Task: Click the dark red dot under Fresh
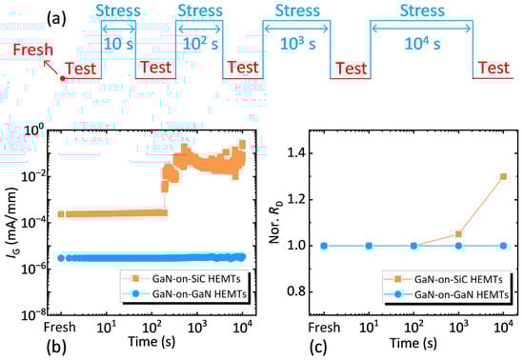63,77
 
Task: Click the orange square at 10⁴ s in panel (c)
502,176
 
